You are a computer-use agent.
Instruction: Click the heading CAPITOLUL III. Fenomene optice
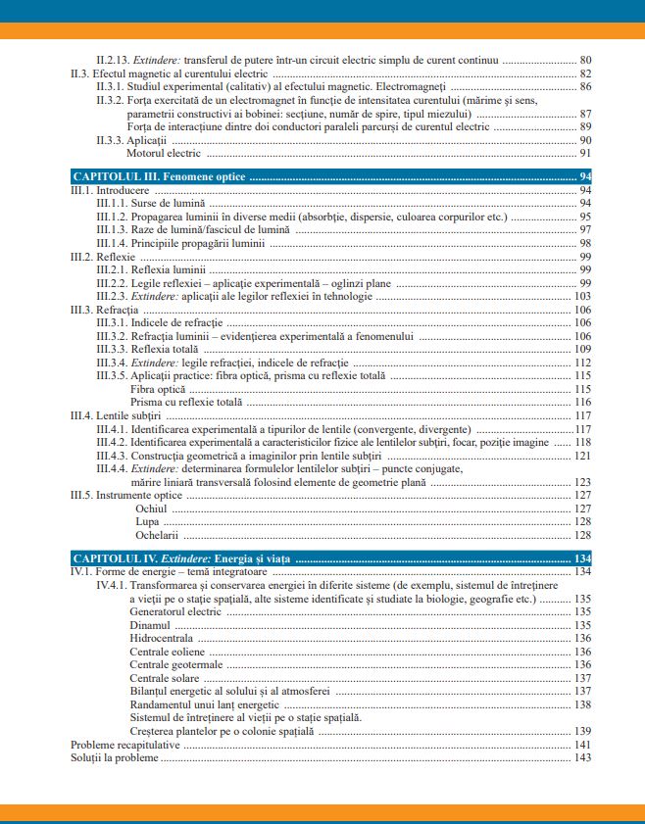[160, 176]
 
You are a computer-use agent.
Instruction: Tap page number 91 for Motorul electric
[585, 153]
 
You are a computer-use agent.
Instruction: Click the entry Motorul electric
[165, 153]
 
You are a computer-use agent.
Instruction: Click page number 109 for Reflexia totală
[582, 349]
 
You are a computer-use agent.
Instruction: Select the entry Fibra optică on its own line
[157, 389]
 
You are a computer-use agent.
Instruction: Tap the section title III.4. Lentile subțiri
[115, 415]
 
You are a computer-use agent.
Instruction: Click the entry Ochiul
[152, 509]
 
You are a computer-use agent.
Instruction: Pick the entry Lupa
[148, 522]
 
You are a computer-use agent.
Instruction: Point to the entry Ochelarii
[157, 535]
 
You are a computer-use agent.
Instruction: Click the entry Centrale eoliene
[167, 652]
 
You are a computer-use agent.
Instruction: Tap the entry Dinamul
[150, 625]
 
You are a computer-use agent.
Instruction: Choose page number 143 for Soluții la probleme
[582, 757]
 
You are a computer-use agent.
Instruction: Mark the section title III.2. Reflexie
[103, 256]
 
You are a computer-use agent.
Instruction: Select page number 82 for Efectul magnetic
[585, 73]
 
